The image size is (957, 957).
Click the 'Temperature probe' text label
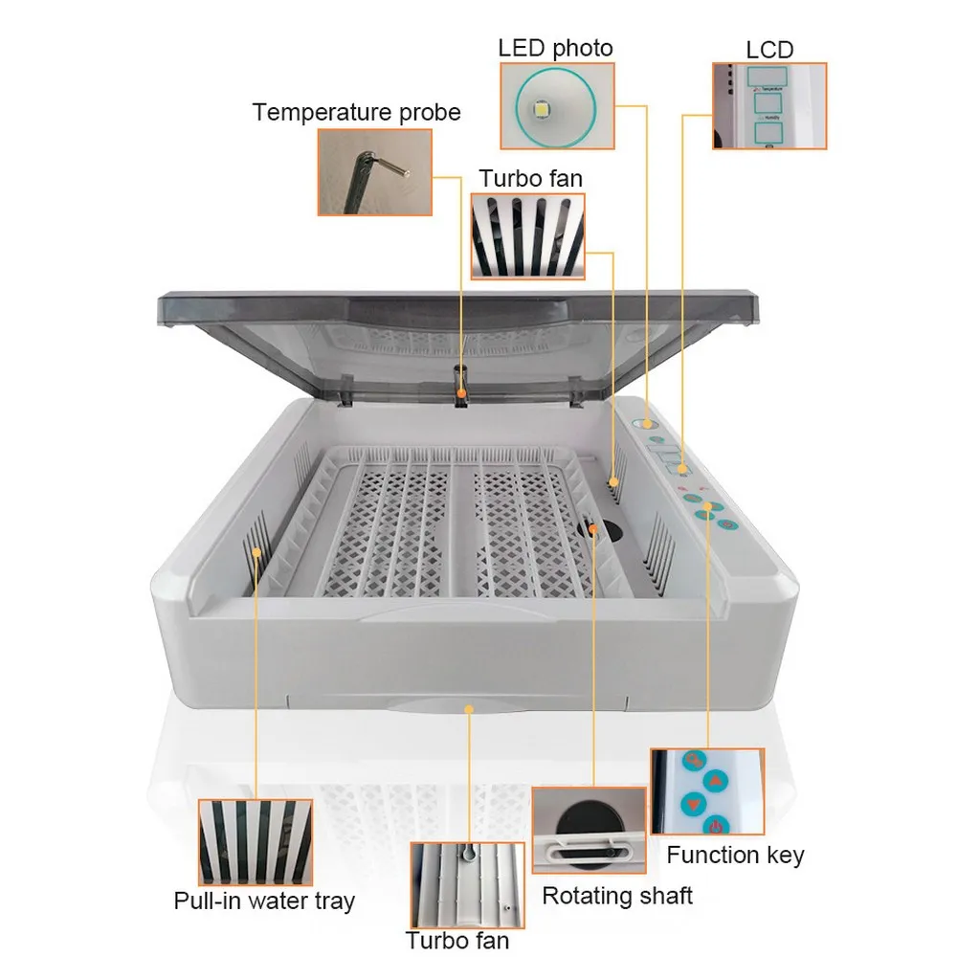356,113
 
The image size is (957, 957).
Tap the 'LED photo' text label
555,47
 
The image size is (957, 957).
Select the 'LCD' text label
769,49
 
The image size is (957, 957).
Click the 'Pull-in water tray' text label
264,901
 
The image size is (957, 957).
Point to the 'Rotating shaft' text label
617,896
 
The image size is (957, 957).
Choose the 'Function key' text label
735,855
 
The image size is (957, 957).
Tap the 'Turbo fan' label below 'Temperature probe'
530,178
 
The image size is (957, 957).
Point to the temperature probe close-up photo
374,172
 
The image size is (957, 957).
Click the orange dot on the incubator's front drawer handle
469,708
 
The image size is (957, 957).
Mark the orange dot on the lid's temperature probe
461,391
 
